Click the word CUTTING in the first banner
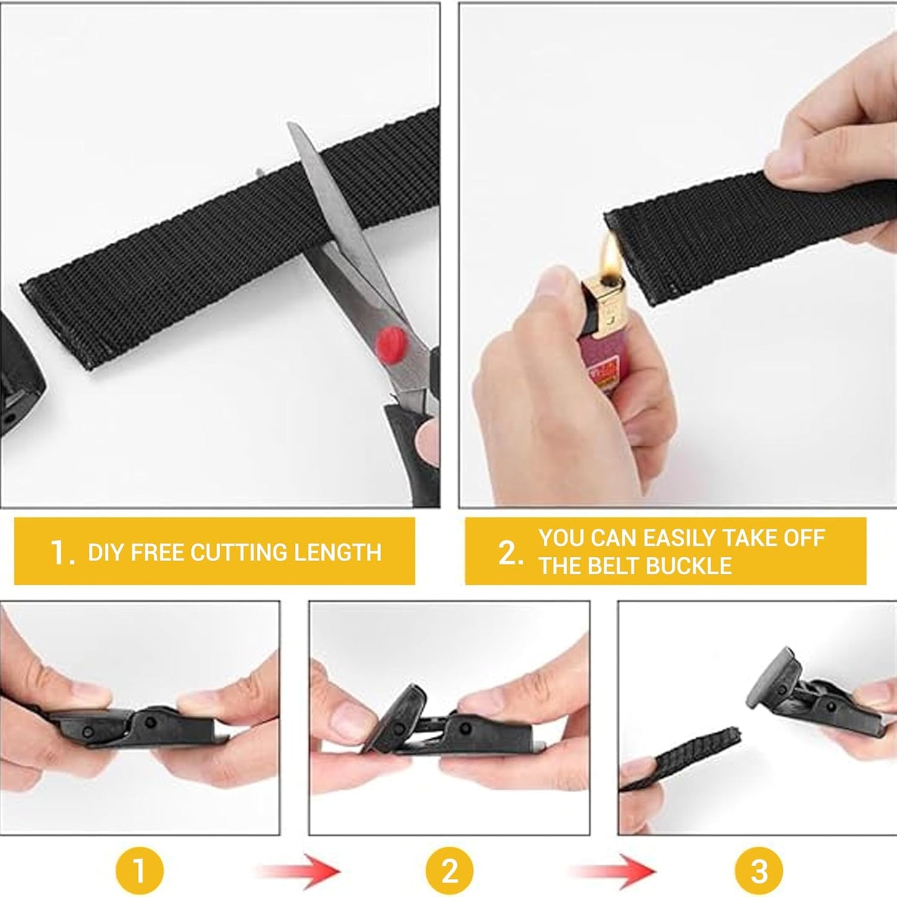(x=239, y=552)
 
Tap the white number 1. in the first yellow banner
(x=62, y=552)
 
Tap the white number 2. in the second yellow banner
(x=510, y=552)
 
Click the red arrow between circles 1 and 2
(x=298, y=871)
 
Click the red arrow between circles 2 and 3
(x=611, y=871)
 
